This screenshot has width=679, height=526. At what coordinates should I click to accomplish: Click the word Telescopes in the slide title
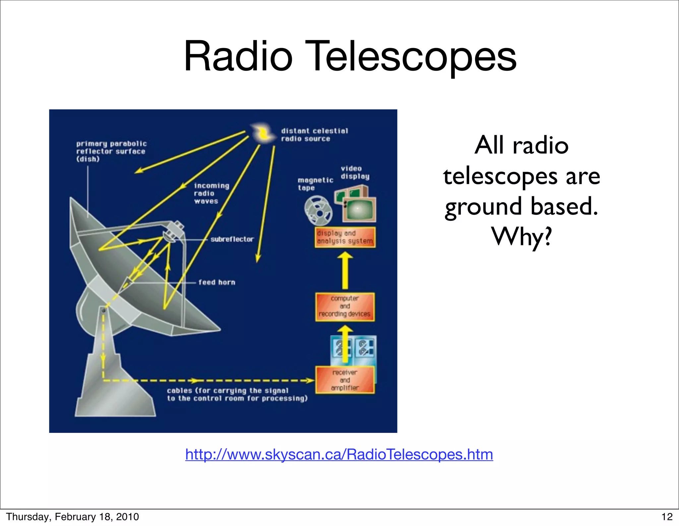[x=413, y=56]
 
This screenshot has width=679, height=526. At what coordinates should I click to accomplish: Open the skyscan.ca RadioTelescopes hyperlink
[x=339, y=454]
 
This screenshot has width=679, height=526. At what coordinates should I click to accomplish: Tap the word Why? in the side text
[x=522, y=237]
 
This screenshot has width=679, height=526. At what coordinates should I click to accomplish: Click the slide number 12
[x=667, y=517]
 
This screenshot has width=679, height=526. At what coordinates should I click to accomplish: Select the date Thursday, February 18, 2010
[x=72, y=517]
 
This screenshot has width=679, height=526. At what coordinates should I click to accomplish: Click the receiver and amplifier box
[x=345, y=380]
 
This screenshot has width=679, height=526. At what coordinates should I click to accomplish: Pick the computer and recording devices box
[x=345, y=307]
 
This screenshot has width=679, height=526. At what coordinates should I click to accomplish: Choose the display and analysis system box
[x=345, y=237]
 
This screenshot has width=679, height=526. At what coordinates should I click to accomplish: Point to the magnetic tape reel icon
[x=318, y=210]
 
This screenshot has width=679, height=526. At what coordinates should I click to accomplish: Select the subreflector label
[x=232, y=239]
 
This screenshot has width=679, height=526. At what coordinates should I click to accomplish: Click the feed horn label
[x=217, y=282]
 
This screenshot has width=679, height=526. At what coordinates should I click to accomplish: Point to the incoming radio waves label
[x=211, y=194]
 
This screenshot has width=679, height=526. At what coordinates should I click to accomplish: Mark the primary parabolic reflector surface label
[x=111, y=151]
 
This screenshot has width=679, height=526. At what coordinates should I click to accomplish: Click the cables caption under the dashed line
[x=237, y=394]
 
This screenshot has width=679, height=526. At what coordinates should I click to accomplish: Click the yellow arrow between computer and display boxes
[x=345, y=270]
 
